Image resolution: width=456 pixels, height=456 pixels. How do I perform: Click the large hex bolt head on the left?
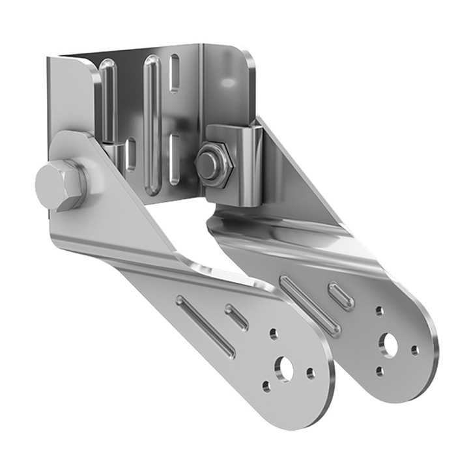[x=61, y=184]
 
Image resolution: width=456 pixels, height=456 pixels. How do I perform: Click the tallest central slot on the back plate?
[x=152, y=124]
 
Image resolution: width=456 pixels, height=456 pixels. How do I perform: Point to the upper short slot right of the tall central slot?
[x=175, y=74]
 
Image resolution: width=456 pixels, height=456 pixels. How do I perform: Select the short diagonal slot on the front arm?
[x=236, y=317]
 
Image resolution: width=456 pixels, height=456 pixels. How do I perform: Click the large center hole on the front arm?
[x=284, y=369]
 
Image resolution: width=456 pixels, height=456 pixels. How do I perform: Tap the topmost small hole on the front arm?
[x=274, y=334]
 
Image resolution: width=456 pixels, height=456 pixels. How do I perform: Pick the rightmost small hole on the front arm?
[x=310, y=373]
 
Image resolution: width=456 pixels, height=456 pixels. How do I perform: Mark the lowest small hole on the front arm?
[x=266, y=386]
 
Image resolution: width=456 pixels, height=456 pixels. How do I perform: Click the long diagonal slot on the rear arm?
[x=309, y=305]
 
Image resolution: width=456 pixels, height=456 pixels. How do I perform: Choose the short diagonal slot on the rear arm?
[x=341, y=296]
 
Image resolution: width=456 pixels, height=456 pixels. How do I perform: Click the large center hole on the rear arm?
[x=389, y=345]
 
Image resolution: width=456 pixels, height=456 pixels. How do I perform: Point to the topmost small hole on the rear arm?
[x=379, y=311]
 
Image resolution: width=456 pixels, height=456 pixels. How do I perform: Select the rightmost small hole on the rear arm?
[x=414, y=350]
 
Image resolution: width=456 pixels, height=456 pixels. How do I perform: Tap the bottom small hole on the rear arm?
[x=379, y=371]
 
